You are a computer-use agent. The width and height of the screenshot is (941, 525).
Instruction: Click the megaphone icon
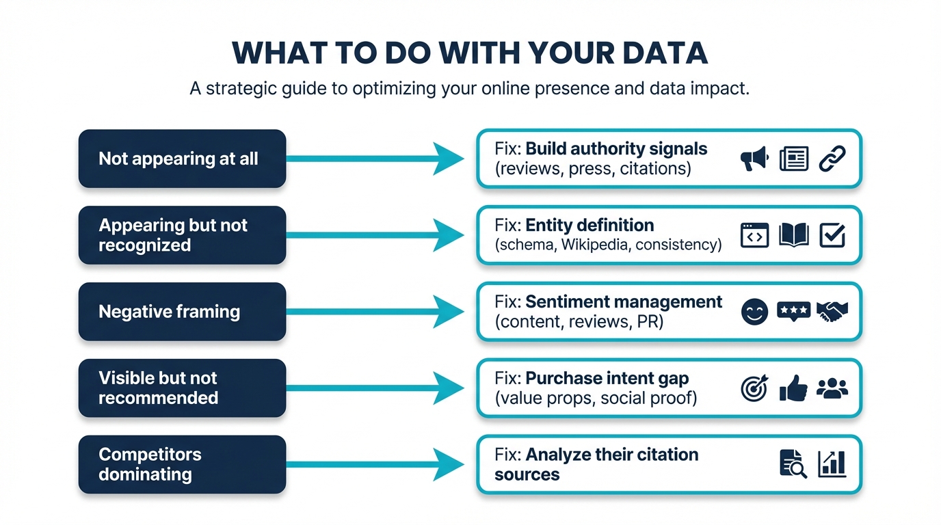754,159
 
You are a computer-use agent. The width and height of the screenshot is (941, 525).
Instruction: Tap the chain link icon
832,159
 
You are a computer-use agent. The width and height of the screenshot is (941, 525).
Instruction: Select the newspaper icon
793,159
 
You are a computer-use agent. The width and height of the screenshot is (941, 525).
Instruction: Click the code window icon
754,235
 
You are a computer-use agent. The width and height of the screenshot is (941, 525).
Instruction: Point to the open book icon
793,235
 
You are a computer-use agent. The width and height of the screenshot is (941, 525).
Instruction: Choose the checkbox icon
832,235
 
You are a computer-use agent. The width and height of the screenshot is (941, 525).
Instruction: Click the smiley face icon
754,312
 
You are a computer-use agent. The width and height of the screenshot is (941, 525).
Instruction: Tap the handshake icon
832,312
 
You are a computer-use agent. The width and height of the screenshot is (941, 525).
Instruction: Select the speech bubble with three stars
793,312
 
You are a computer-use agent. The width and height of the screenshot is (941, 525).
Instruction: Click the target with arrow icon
754,388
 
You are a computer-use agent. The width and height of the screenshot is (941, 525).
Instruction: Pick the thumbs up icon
793,388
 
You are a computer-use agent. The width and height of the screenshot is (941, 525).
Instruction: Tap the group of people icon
832,388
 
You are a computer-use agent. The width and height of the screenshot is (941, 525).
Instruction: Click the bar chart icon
832,464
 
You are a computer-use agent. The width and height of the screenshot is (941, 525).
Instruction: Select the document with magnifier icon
793,464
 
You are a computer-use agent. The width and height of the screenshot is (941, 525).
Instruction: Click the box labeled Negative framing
182,312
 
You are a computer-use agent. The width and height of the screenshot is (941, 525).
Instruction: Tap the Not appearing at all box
182,159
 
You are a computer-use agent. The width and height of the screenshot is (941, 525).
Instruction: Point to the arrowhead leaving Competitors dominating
449,465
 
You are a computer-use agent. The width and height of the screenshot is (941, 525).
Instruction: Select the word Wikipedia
595,244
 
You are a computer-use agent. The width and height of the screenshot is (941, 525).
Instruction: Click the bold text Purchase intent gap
607,378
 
